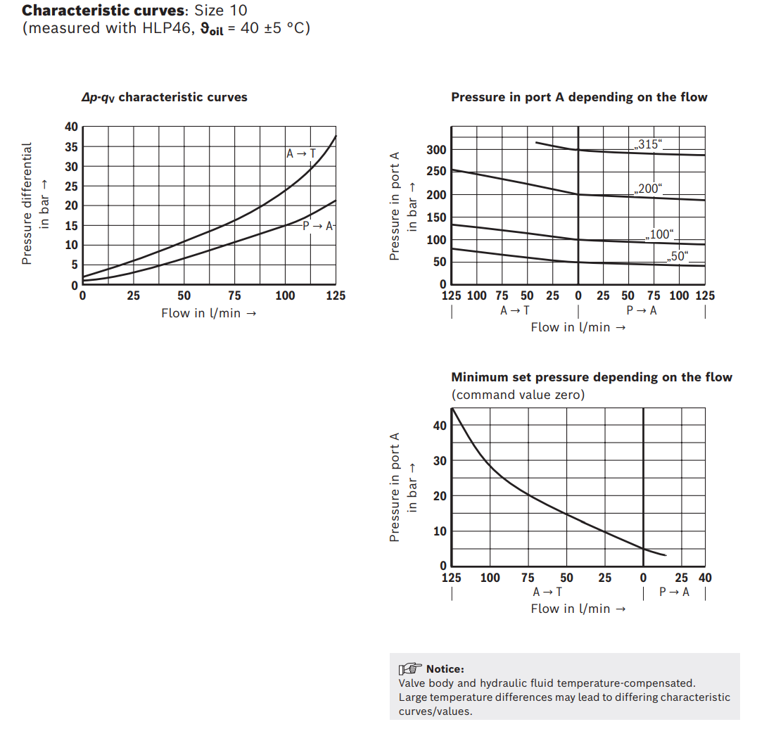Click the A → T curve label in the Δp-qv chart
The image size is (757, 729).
tap(301, 153)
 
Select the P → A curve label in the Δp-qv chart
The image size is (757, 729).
tap(318, 226)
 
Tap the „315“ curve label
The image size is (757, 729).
tap(649, 144)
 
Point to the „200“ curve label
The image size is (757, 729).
tap(649, 189)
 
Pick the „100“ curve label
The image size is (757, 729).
tap(660, 234)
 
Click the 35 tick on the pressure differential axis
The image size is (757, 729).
tap(71, 147)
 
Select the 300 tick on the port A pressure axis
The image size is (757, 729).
tap(436, 150)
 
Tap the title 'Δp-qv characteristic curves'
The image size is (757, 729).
tap(164, 97)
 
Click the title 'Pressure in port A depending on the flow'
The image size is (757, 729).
tap(579, 97)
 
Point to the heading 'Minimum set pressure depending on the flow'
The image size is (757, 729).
tap(592, 377)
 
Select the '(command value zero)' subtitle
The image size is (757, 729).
tap(518, 395)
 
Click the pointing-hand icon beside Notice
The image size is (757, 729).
tap(410, 668)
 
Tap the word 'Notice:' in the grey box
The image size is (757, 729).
tap(445, 669)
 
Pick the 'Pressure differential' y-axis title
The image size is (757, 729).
tap(27, 203)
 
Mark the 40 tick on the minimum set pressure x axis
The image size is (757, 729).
tap(706, 578)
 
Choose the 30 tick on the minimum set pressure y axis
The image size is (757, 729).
tap(440, 461)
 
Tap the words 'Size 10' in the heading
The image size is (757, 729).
tap(221, 10)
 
